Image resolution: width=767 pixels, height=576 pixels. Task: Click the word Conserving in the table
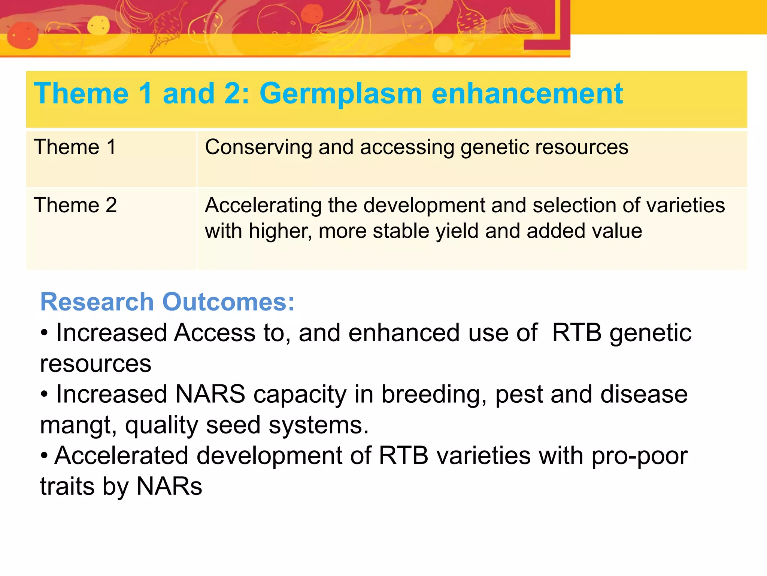[x=258, y=147]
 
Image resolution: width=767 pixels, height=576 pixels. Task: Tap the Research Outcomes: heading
[x=167, y=302]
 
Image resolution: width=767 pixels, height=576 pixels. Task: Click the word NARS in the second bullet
[x=210, y=394]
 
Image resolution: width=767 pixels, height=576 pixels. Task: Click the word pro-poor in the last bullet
[x=639, y=456]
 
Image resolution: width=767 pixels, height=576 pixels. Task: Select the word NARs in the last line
[x=169, y=486]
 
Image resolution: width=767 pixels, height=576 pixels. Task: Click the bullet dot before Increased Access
[x=44, y=333]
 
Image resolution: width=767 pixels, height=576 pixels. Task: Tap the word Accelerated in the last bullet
[x=121, y=456]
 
